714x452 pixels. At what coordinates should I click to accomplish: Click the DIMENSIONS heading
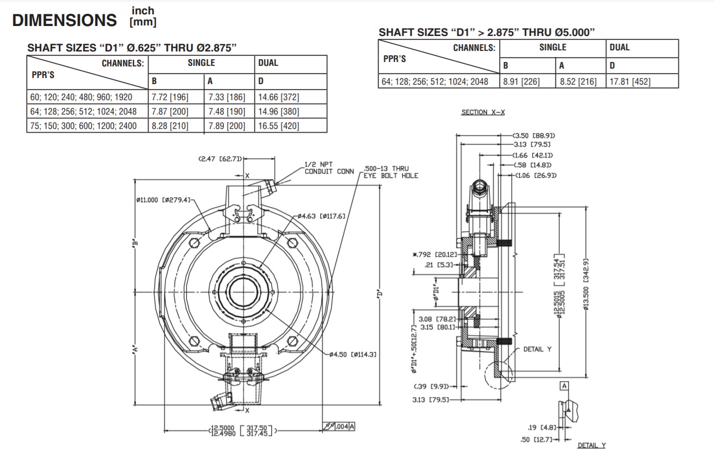click(64, 20)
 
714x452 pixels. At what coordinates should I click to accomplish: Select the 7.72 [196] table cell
click(170, 97)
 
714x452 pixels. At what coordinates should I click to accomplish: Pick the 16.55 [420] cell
click(279, 126)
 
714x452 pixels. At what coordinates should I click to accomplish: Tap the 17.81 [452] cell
click(630, 81)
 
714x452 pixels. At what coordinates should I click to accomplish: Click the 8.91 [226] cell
click(521, 81)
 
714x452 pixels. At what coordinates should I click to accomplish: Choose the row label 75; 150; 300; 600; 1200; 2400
click(83, 126)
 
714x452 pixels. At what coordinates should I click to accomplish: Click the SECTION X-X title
click(482, 112)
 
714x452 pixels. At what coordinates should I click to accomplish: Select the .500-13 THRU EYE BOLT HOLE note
click(391, 172)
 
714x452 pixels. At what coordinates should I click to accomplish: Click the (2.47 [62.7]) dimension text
click(220, 159)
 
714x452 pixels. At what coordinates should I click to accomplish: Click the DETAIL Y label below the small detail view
click(591, 445)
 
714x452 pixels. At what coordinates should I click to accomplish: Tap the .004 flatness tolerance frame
click(338, 426)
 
